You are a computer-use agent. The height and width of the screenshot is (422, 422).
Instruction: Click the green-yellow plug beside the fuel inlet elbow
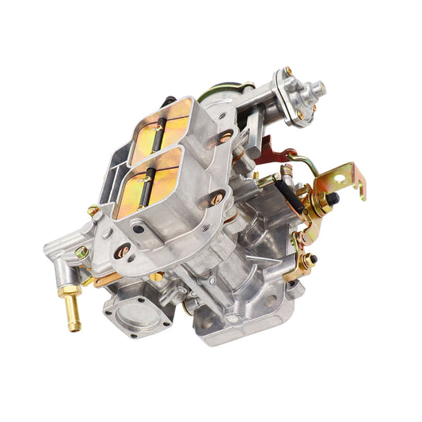[x=82, y=253]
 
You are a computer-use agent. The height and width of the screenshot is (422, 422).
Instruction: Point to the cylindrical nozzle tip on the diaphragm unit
[x=318, y=87]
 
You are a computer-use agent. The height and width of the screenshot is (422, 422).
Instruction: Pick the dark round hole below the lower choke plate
[x=139, y=230]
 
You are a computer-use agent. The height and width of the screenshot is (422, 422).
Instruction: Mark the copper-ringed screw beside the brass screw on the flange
[x=122, y=253]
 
